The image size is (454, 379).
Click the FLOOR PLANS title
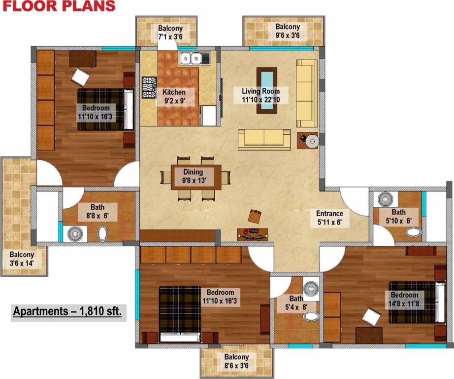58,6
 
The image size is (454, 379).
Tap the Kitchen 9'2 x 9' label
174,96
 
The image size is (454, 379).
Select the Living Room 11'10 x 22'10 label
260,95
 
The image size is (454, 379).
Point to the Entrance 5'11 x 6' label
329,218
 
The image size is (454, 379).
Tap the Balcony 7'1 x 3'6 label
170,32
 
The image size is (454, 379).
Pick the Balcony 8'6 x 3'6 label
236,361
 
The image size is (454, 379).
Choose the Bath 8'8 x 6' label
103,212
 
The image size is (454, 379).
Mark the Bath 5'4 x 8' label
296,303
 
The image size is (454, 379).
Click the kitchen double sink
195,59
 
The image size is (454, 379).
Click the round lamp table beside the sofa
312,142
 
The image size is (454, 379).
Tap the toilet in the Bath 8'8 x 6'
103,233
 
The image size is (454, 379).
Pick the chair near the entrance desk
255,216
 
